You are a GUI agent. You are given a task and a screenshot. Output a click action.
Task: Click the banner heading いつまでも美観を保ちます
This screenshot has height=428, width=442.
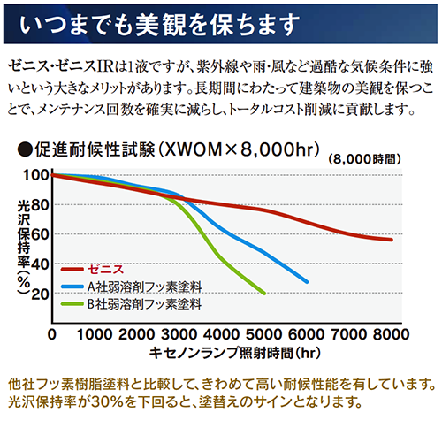pos(159,24)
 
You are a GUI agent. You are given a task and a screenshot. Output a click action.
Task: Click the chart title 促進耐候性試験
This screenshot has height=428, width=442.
pos(95,149)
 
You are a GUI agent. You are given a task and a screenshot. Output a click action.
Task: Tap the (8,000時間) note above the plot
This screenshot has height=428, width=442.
pos(364,159)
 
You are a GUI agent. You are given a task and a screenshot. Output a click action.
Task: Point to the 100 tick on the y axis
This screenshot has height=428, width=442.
pos(35,175)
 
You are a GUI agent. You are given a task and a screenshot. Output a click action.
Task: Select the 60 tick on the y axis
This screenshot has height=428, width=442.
pos(40,235)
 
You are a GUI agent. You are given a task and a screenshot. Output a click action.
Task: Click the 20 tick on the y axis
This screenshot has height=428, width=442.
pos(40,294)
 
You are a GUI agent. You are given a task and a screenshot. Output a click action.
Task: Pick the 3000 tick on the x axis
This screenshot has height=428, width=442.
pos(179,334)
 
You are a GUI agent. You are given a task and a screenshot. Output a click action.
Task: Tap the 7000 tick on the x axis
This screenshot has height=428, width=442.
pos(349,334)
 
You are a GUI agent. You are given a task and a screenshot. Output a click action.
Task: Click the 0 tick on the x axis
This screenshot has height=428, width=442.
pos(52,334)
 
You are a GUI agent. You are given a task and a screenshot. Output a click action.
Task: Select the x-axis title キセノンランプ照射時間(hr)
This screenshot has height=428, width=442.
pos(235,353)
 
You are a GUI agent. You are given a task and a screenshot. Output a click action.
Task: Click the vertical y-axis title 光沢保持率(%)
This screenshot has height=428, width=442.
pos(24,247)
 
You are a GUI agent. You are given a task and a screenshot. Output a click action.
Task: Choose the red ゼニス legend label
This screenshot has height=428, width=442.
pos(106,270)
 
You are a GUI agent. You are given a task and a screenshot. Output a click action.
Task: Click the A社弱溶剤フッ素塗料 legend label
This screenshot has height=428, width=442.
pos(144,287)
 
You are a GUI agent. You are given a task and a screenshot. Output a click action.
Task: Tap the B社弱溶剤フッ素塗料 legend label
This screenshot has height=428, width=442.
pos(144,304)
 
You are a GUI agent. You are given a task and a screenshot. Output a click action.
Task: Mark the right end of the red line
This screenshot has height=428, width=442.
pos(392,240)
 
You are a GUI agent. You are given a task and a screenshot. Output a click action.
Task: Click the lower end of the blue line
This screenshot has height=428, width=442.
pos(307,282)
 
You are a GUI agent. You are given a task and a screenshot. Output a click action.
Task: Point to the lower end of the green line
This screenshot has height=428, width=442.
pos(264,294)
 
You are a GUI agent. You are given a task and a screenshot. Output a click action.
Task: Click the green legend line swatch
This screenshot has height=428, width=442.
pos(72,304)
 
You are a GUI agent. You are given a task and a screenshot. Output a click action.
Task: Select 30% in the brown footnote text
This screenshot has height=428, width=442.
pos(107,401)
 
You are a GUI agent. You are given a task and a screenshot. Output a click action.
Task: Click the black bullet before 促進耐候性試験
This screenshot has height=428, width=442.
pos(25,150)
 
